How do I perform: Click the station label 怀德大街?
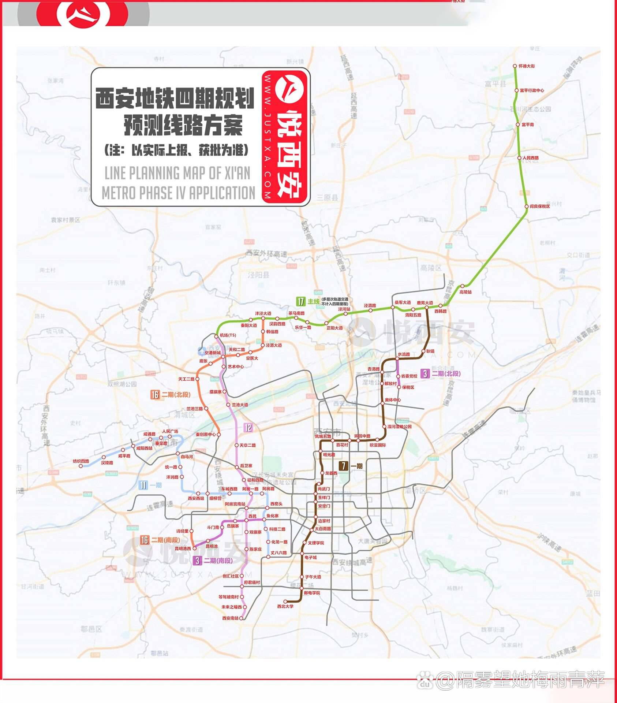tap(527, 66)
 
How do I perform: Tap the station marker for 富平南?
tap(518, 124)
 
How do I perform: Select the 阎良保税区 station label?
tap(540, 207)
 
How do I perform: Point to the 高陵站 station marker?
tap(462, 286)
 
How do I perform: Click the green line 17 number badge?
tap(300, 301)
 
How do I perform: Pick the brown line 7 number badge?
tap(343, 466)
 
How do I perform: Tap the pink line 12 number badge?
tap(248, 427)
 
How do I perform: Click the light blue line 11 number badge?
tap(143, 485)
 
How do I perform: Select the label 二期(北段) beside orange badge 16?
tap(176, 394)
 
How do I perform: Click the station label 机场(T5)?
tap(228, 335)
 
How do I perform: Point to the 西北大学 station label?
tap(285, 606)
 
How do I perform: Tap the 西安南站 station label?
tap(230, 618)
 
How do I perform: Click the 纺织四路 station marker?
tap(81, 466)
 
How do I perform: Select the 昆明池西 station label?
tap(183, 548)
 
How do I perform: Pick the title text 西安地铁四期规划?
tap(175, 98)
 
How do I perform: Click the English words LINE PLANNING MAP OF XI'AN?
tap(177, 173)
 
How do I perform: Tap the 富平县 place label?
tap(495, 84)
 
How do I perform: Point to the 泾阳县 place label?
tap(258, 275)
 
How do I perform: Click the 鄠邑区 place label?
tap(91, 629)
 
